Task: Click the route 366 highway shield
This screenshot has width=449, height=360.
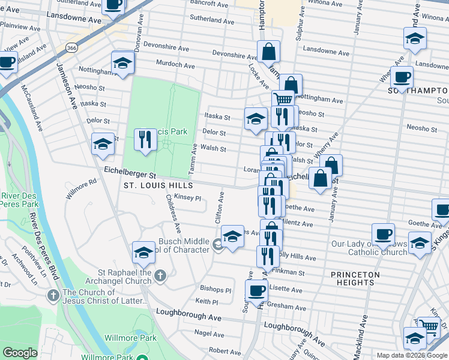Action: pyautogui.click(x=71, y=47)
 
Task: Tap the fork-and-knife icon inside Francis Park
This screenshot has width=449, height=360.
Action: pyautogui.click(x=145, y=140)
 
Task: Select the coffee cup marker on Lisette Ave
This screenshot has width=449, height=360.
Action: pyautogui.click(x=258, y=291)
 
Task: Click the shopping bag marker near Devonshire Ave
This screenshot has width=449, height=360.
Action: pyautogui.click(x=269, y=52)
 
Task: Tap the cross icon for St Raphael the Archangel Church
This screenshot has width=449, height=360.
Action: pyautogui.click(x=159, y=275)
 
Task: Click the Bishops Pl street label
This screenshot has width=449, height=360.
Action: pyautogui.click(x=215, y=290)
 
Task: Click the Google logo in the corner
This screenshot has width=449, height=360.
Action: pyautogui.click(x=20, y=353)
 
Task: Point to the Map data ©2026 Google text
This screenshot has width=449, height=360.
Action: pyautogui.click(x=412, y=355)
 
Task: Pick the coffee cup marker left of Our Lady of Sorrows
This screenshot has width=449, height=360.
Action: pyautogui.click(x=382, y=235)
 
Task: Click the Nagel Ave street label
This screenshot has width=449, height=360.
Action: pyautogui.click(x=209, y=333)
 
